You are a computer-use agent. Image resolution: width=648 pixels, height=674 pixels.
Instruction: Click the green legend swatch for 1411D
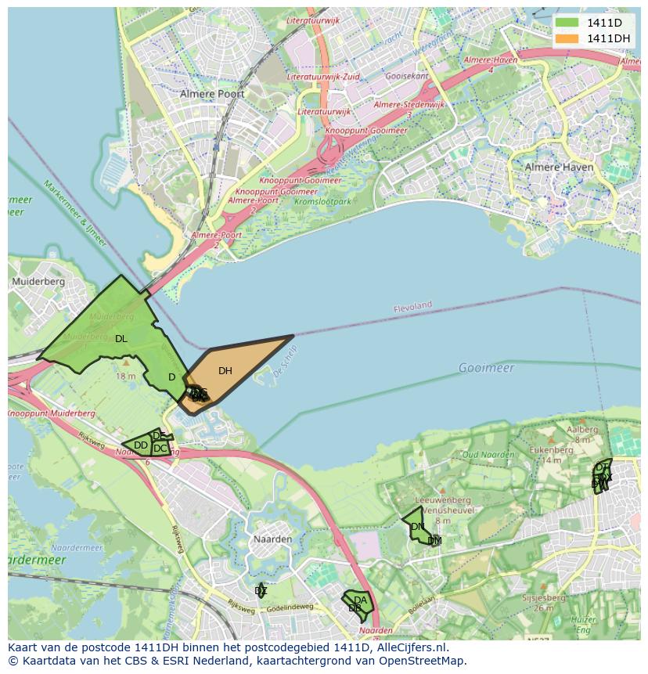pos(568,23)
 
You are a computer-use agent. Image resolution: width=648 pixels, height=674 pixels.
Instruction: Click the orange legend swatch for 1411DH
pos(568,38)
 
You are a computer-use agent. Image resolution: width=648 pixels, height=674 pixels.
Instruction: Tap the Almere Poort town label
pos(212,94)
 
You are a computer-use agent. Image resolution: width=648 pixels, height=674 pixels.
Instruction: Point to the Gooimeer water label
pos(486,368)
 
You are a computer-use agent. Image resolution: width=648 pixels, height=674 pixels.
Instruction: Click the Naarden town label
pos(272,539)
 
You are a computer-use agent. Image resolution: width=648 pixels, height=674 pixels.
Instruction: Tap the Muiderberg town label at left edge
pos(37,281)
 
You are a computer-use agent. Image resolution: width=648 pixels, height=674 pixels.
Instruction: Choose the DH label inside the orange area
pos(225,371)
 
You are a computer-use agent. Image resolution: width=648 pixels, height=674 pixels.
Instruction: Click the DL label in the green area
pos(121,339)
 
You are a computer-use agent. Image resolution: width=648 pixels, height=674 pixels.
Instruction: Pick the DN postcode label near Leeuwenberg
pos(417,527)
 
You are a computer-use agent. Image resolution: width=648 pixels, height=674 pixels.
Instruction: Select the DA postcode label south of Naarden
pos(360,600)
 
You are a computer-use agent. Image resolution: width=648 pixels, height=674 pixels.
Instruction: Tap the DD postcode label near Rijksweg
pos(141,445)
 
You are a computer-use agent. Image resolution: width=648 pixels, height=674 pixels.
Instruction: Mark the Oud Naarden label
pos(488,454)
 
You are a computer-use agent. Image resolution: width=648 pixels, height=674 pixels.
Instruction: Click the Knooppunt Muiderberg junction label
pos(53,413)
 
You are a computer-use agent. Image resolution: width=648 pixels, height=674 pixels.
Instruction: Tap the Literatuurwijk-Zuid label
pos(323,77)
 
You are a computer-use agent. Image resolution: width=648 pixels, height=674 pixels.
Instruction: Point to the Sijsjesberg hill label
pos(543,597)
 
